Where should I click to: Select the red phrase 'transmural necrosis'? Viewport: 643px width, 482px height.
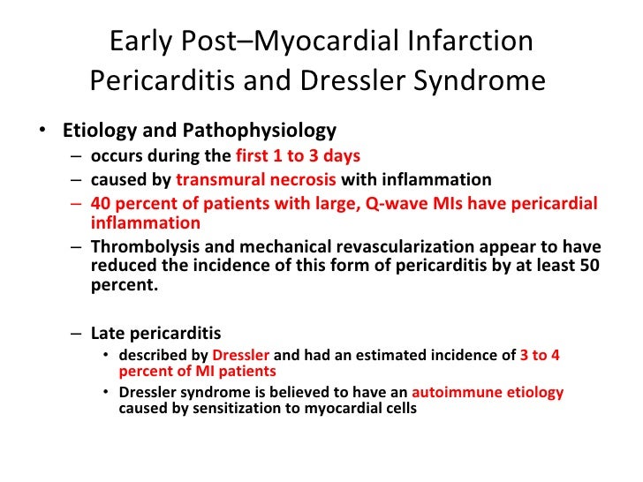coord(256,180)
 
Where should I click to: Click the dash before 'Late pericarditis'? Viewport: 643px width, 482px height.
coord(77,334)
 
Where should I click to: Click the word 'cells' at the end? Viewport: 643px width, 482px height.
coord(396,410)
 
